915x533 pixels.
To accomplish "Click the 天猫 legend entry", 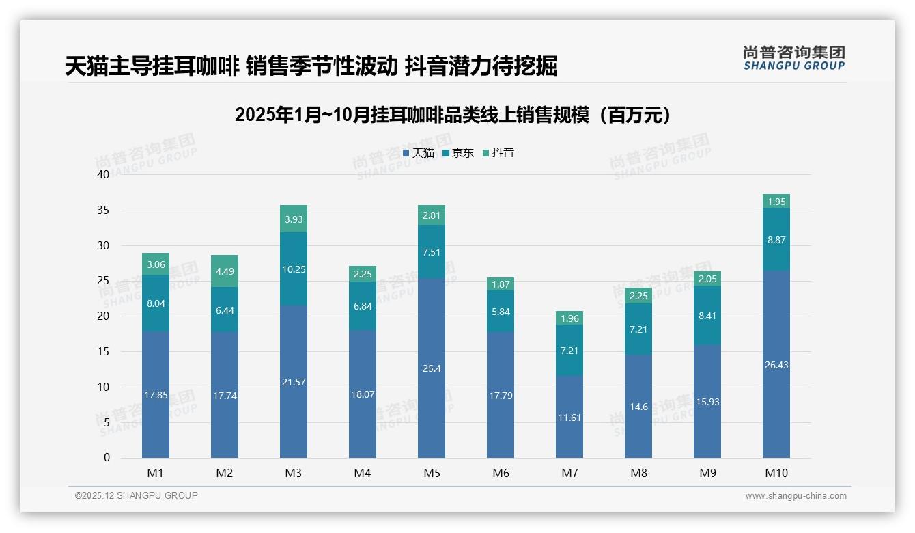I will [x=419, y=153].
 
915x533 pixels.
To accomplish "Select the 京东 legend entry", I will [x=458, y=153].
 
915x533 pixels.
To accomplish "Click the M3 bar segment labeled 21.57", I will [x=294, y=381].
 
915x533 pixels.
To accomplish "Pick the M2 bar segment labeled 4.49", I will [x=225, y=271].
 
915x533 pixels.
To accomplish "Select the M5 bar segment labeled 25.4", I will [x=432, y=368].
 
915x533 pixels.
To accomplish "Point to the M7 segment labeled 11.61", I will [x=569, y=417].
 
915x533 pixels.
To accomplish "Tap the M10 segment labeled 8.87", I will [x=776, y=239].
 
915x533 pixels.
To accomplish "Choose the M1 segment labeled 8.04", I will [x=156, y=303].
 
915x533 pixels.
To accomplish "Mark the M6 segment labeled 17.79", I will [x=501, y=395].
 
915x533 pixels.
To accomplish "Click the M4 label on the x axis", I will [x=363, y=473].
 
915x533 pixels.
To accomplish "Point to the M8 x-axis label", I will [x=638, y=473].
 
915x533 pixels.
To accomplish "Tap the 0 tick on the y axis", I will [x=107, y=458].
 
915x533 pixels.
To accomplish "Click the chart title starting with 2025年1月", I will [x=452, y=115].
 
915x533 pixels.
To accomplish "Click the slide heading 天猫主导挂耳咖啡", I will [x=311, y=66].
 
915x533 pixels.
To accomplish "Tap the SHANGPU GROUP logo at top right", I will [x=793, y=58].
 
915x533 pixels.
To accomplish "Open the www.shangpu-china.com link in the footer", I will [x=796, y=496].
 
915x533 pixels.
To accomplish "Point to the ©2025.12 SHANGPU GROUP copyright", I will [x=137, y=495].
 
